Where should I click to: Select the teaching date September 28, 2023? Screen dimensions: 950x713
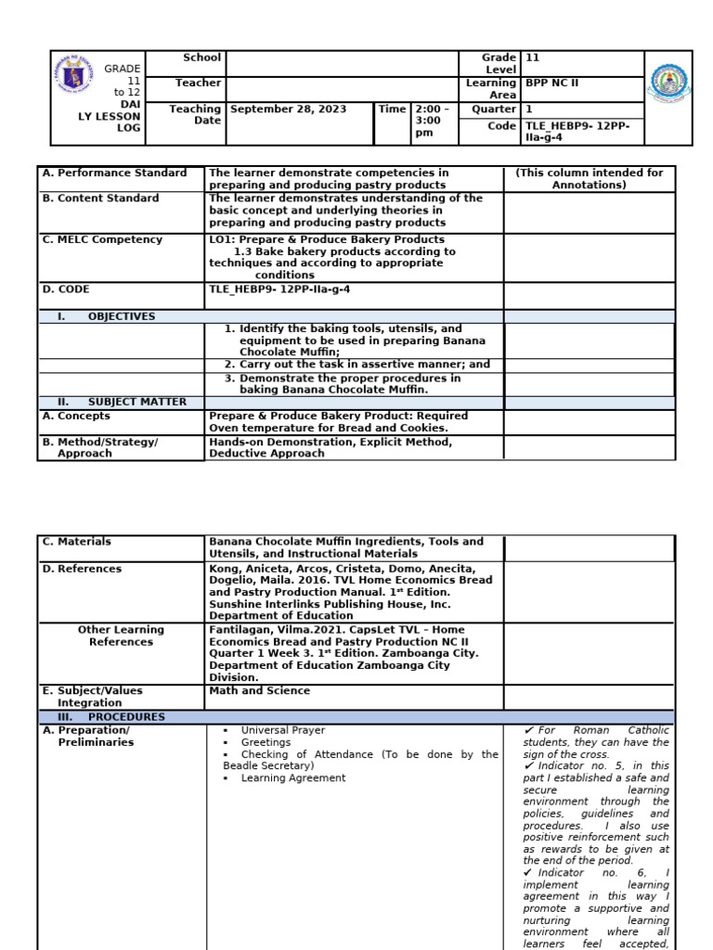pyautogui.click(x=288, y=109)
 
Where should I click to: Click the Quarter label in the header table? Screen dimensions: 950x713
pyautogui.click(x=494, y=109)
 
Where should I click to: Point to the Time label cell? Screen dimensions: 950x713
pyautogui.click(x=392, y=109)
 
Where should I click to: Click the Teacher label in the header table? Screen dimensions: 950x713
pyautogui.click(x=198, y=83)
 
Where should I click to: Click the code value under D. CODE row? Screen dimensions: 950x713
pyautogui.click(x=279, y=289)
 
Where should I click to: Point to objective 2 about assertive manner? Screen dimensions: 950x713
pyautogui.click(x=357, y=365)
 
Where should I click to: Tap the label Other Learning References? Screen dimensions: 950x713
pyautogui.click(x=121, y=635)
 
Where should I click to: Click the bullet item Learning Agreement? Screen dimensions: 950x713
pyautogui.click(x=292, y=778)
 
